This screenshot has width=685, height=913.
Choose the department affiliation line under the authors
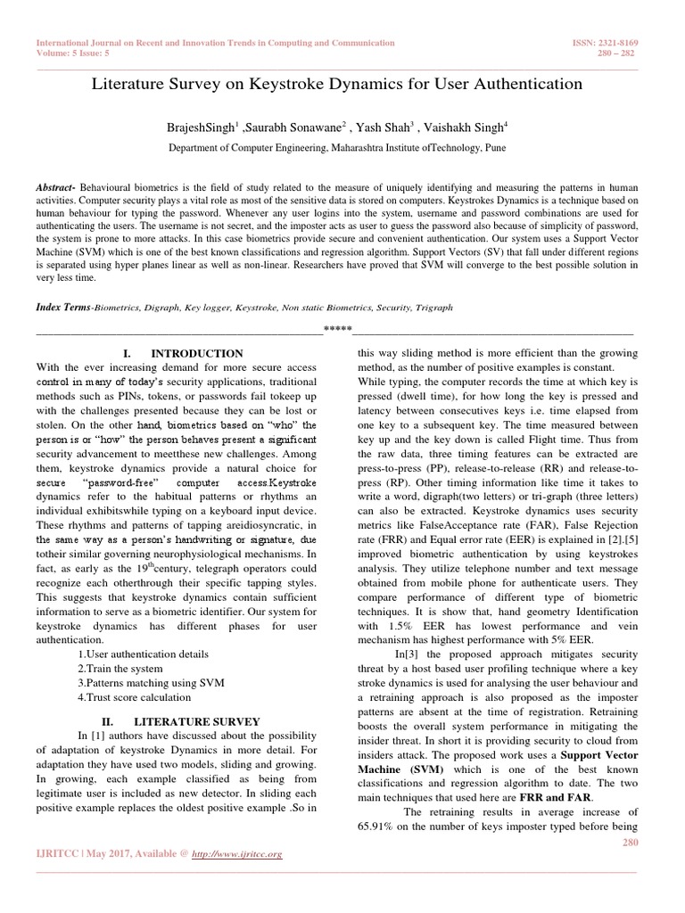[342, 150]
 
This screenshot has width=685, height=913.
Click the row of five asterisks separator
[337, 329]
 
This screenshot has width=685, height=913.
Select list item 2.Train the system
[120, 668]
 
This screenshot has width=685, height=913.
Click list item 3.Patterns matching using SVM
[150, 682]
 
